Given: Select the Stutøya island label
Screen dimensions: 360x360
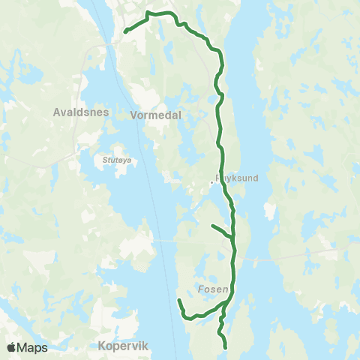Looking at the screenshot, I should coord(115,160).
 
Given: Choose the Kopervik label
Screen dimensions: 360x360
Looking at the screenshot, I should coord(124,346).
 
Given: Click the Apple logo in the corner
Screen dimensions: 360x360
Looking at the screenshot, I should coord(12,347).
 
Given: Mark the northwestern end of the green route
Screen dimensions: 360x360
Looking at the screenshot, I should coord(124,31).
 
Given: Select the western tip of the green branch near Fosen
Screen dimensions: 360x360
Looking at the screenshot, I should coord(178,300).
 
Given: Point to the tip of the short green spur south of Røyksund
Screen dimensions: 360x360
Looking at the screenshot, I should coord(212,225).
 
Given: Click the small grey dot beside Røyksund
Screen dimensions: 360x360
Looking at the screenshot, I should coord(211,181).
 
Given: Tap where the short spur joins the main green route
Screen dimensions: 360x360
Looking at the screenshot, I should coord(233,239).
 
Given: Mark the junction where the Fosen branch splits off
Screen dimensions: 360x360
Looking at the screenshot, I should coord(227,302).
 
